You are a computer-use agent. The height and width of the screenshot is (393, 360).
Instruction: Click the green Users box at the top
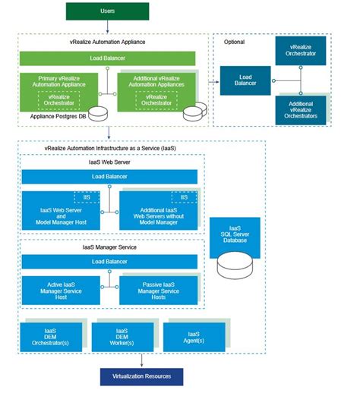tap(108, 11)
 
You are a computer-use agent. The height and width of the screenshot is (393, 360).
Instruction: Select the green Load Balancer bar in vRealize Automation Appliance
tap(108, 58)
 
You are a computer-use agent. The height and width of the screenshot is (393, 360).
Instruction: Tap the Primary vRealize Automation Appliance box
tap(60, 90)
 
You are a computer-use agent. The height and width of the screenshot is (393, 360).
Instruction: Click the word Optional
tap(235, 42)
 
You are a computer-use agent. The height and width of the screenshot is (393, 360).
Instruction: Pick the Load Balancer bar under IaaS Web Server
tap(109, 177)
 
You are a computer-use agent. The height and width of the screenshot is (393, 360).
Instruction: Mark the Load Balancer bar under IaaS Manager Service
tap(109, 262)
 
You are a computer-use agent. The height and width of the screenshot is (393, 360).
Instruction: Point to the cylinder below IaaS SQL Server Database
tap(235, 265)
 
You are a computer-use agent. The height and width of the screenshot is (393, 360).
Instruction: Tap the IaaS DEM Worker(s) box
tap(121, 336)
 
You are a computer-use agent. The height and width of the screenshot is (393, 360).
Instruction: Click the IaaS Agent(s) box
tap(194, 336)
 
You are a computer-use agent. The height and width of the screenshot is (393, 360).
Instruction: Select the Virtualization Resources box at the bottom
tap(141, 376)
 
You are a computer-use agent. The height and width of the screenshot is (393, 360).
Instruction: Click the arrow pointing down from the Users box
tap(108, 27)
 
